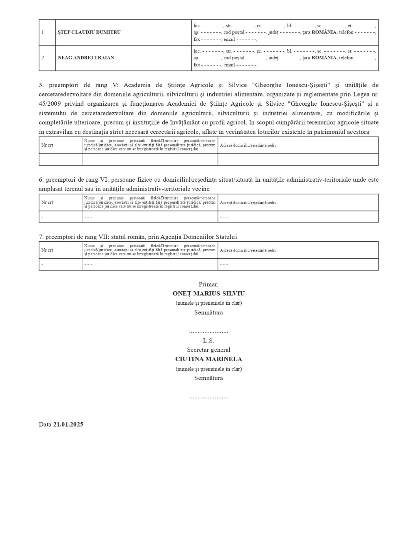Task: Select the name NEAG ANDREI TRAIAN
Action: [86, 57]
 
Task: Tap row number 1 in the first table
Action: [43, 32]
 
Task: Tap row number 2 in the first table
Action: [43, 57]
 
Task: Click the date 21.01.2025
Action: [68, 424]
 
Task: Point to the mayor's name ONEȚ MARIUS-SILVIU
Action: [208, 294]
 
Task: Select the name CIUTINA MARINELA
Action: [208, 359]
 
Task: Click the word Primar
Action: [208, 284]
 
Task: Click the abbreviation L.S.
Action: [208, 341]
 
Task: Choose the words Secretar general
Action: [208, 350]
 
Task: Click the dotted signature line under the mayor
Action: [208, 331]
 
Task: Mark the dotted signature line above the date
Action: [208, 397]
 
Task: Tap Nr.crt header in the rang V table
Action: [47, 145]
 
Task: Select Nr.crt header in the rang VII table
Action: [47, 250]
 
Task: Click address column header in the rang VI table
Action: [248, 202]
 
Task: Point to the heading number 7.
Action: [40, 237]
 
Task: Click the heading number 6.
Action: [40, 180]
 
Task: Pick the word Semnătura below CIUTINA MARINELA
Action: [208, 378]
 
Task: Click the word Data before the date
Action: [45, 424]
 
